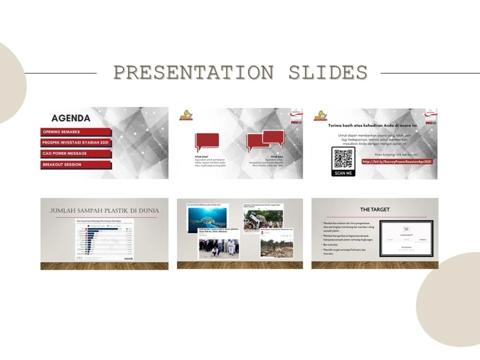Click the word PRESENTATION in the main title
click(193, 72)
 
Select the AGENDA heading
click(71, 118)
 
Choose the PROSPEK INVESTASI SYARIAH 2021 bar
click(76, 143)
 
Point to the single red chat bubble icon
click(207, 142)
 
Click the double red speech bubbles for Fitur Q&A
click(265, 140)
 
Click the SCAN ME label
click(343, 173)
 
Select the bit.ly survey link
click(397, 162)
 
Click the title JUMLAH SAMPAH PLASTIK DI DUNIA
click(104, 211)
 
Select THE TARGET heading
click(375, 210)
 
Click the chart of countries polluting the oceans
click(104, 240)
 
